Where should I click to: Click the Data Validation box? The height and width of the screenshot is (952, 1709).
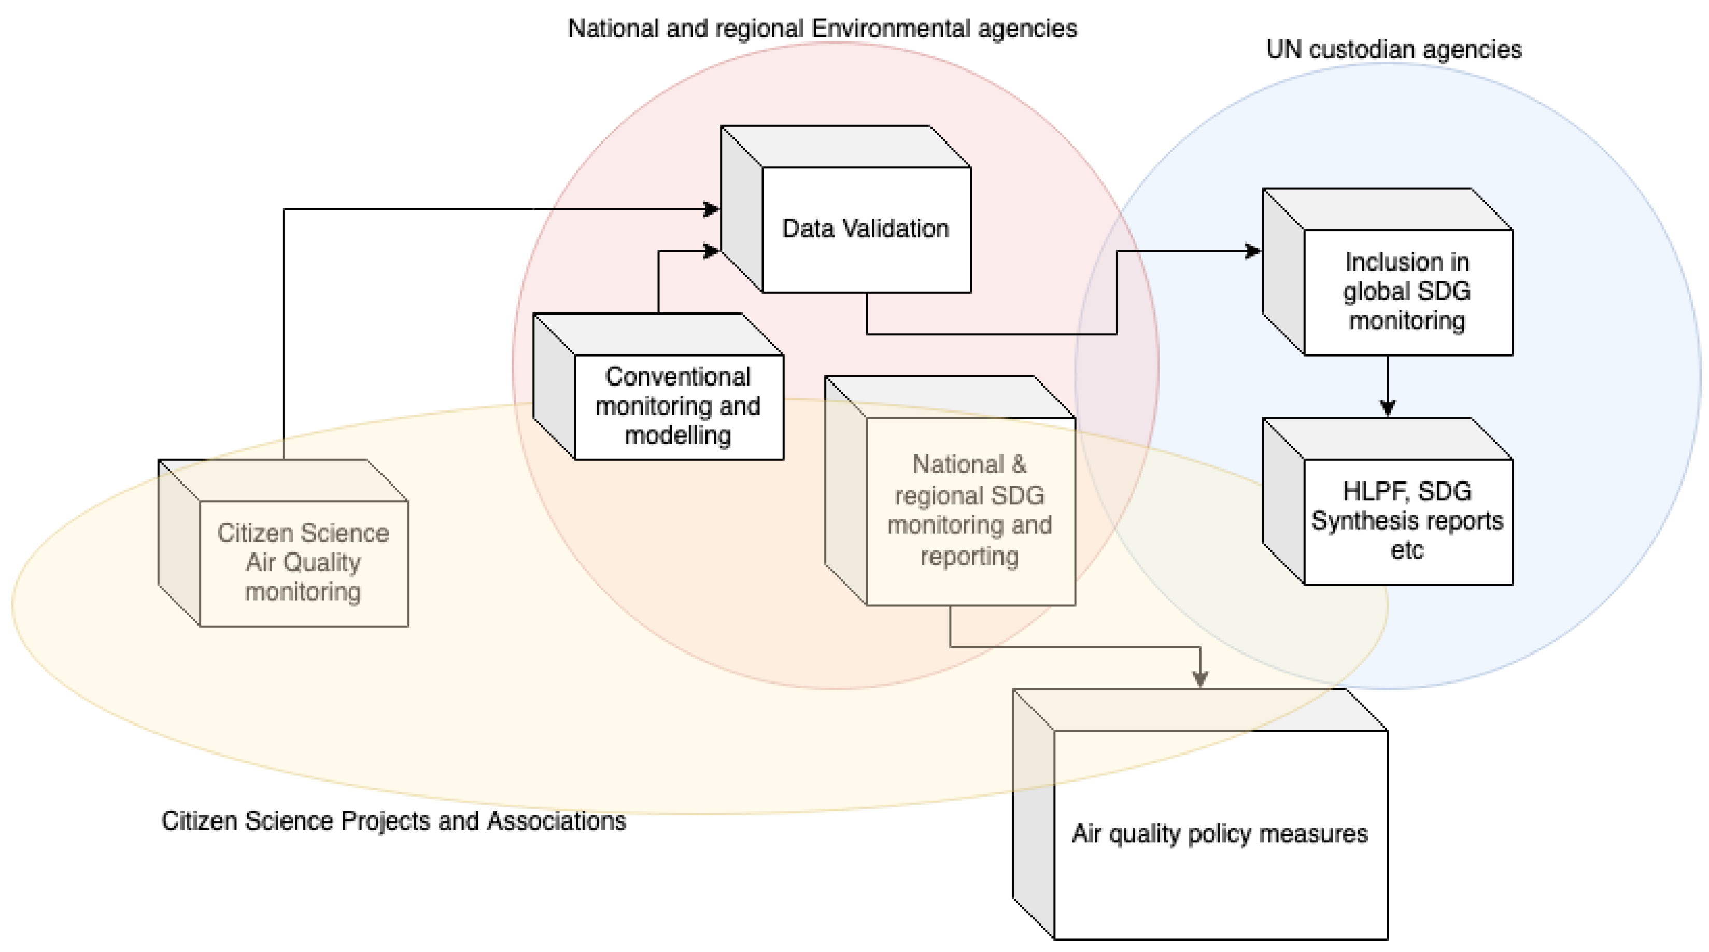pyautogui.click(x=865, y=229)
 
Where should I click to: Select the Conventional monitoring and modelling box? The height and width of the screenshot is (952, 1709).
pyautogui.click(x=678, y=405)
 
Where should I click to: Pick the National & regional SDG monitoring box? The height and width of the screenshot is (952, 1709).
pyautogui.click(x=969, y=510)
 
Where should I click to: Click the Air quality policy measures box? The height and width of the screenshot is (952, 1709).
pyautogui.click(x=1219, y=833)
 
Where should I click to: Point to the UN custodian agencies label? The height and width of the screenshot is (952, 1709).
pyautogui.click(x=1393, y=50)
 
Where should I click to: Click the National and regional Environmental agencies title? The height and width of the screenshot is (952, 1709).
pyautogui.click(x=822, y=29)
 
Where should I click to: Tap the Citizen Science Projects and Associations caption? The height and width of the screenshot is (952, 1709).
pyautogui.click(x=393, y=821)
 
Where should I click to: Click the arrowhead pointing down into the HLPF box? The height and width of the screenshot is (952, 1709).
pyautogui.click(x=1387, y=407)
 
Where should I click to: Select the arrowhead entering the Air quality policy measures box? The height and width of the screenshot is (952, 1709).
pyautogui.click(x=1199, y=678)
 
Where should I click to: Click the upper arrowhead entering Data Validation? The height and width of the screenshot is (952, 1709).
pyautogui.click(x=711, y=210)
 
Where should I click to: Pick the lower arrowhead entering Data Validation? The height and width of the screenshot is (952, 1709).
pyautogui.click(x=711, y=251)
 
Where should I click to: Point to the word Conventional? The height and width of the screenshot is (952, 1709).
pyautogui.click(x=678, y=377)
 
